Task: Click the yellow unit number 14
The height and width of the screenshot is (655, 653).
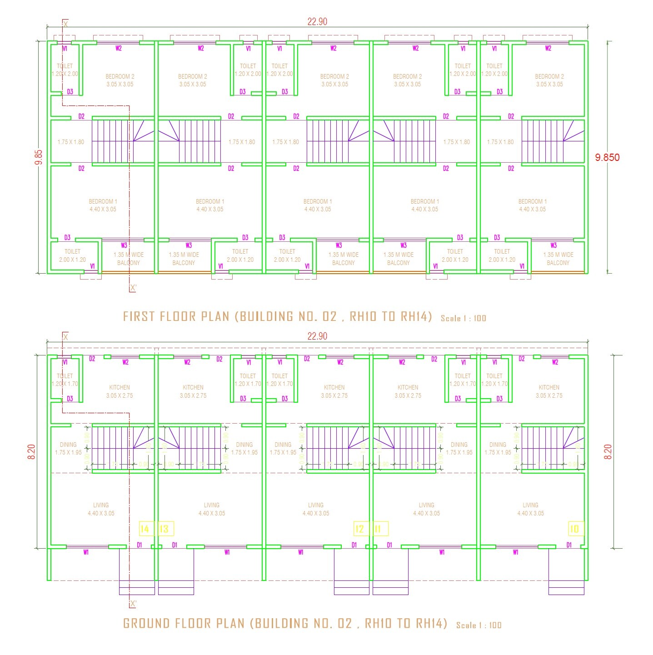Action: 145,529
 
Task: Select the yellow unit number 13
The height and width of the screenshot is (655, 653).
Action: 164,529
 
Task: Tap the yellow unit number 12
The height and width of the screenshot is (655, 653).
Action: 359,529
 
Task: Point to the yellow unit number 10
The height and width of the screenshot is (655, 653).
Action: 574,529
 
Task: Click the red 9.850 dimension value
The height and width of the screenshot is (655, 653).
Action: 607,157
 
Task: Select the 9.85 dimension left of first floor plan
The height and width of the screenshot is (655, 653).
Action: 39,157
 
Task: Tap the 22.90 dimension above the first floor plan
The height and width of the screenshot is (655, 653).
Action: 317,21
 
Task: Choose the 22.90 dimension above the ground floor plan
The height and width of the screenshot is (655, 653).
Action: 317,336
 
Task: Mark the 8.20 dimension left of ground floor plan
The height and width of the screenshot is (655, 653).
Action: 31,451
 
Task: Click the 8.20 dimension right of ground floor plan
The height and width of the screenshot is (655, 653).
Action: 608,451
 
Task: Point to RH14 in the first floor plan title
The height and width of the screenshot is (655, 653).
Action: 415,316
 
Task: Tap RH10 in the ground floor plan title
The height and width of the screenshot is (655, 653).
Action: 381,623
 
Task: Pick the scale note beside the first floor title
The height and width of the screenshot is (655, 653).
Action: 463,318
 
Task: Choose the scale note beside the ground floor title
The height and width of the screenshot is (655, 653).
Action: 479,625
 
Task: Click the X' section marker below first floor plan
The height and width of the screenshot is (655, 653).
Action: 133,288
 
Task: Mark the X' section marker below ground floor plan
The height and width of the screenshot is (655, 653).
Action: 133,604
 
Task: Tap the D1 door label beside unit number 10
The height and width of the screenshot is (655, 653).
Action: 569,545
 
